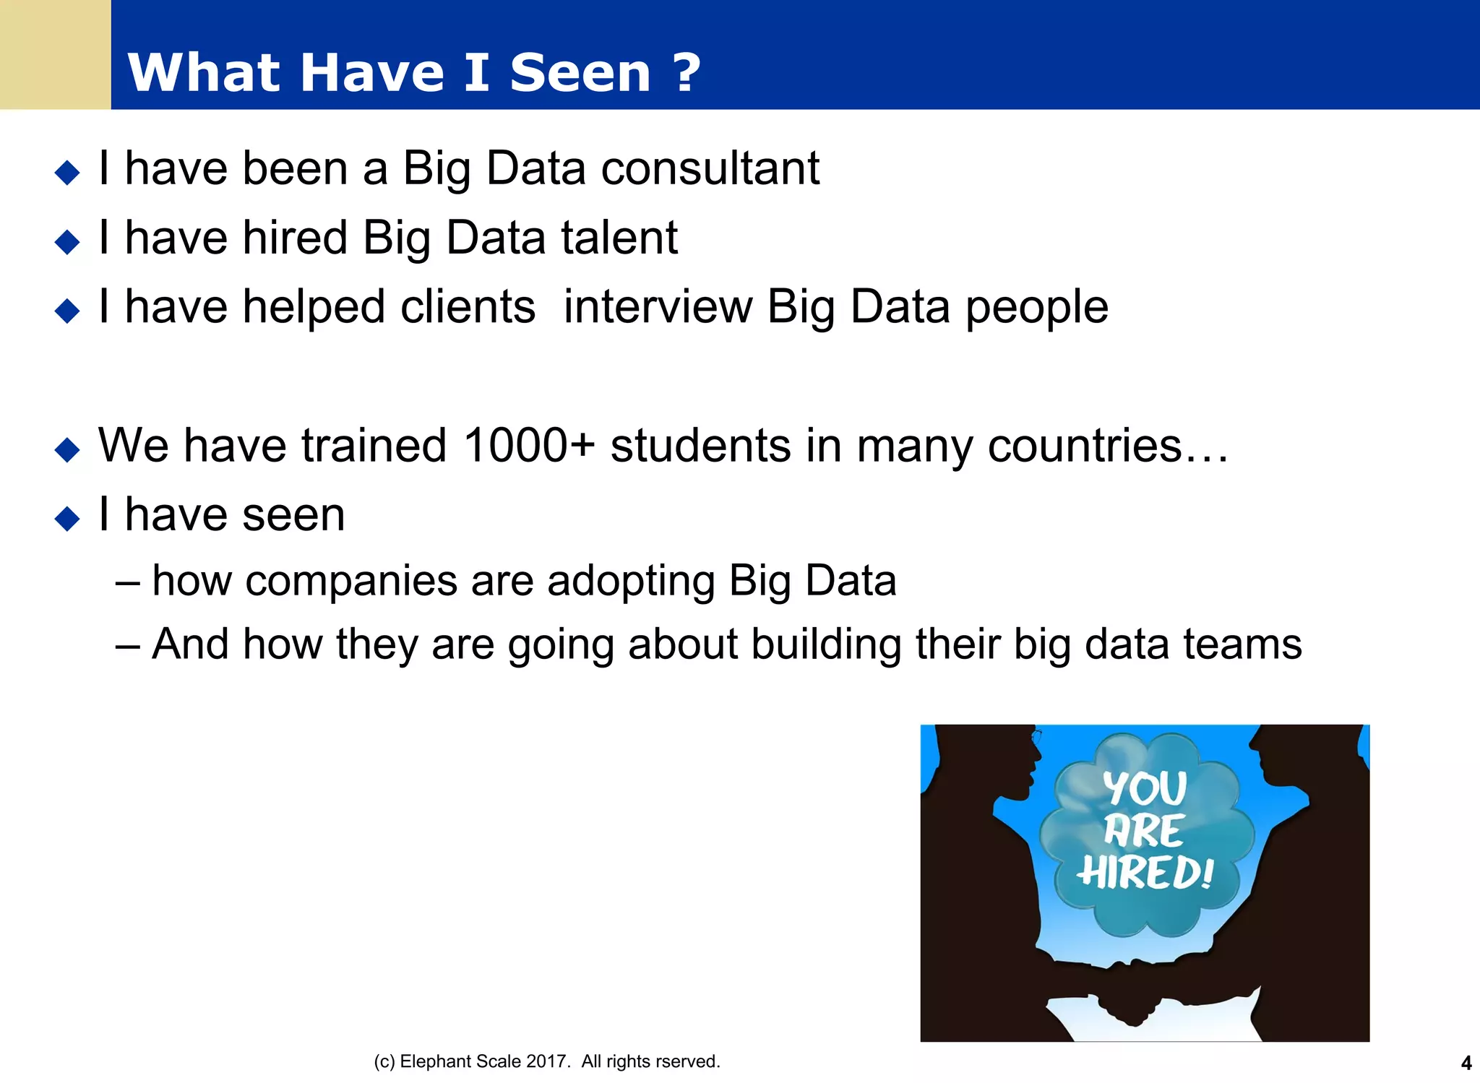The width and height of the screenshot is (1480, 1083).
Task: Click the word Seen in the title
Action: (x=580, y=73)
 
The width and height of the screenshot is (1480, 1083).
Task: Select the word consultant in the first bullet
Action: (x=710, y=168)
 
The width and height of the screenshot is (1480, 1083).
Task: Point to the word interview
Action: (x=658, y=307)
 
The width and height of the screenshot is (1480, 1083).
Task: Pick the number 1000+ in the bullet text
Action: (x=528, y=445)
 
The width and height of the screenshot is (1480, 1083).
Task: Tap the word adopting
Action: (x=631, y=581)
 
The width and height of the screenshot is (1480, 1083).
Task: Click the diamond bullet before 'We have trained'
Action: (x=67, y=449)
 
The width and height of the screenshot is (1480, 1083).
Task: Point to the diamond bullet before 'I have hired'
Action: (x=67, y=242)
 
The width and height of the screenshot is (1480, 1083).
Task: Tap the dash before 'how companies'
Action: (x=127, y=582)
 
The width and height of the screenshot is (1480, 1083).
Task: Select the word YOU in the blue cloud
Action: (x=1145, y=788)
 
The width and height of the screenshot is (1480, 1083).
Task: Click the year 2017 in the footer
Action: (x=548, y=1061)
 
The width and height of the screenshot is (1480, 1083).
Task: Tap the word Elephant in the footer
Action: (x=432, y=1061)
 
